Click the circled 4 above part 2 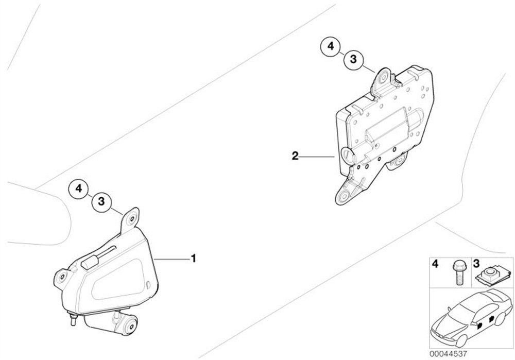click(x=331, y=47)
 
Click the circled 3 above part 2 click(x=353, y=59)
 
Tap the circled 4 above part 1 click(x=78, y=189)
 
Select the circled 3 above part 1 click(x=101, y=201)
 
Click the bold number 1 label click(x=194, y=259)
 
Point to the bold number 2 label click(x=295, y=156)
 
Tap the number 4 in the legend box click(x=435, y=264)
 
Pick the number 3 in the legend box click(x=476, y=263)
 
